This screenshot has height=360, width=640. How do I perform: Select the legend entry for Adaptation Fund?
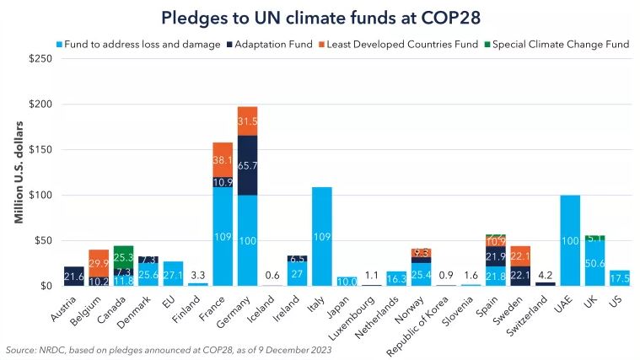[276, 44]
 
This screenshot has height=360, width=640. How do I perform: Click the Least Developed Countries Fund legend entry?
[401, 44]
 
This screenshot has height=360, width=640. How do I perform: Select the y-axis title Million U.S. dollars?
[18, 174]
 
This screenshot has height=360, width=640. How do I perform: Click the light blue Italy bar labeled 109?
[322, 236]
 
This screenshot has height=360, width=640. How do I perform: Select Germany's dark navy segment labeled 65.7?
[247, 166]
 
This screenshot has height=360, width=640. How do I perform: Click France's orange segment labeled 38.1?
[223, 159]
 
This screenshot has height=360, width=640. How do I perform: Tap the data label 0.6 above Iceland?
[272, 275]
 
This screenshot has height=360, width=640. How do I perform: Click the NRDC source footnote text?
[168, 349]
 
